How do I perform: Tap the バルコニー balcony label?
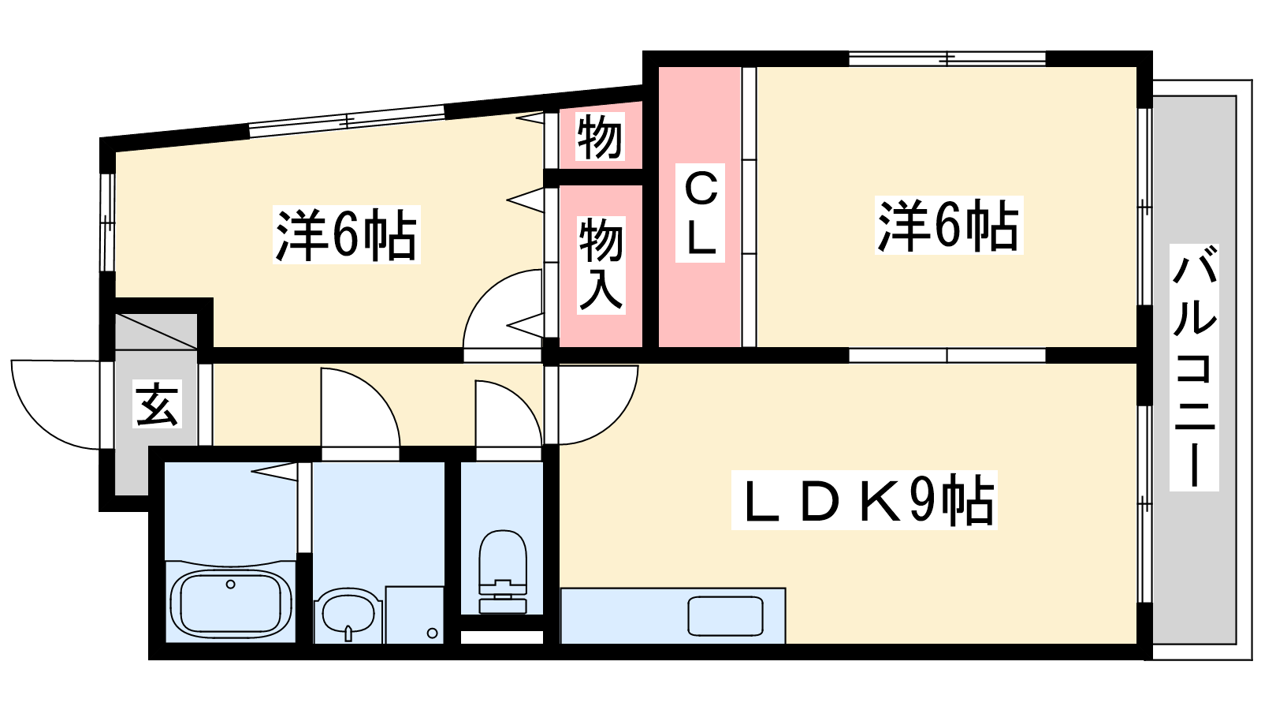[x=1194, y=367]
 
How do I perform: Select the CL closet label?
[x=701, y=214]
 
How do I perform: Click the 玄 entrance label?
[x=158, y=404]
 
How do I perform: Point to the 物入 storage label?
[x=601, y=264]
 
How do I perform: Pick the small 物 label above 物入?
[x=600, y=137]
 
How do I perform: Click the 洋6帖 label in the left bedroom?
[x=346, y=234]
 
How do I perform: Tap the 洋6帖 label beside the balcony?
[x=948, y=226]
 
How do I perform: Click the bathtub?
[x=230, y=603]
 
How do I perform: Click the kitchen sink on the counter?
[x=725, y=616]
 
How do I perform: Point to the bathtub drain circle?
[x=230, y=585]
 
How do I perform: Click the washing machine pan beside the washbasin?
[x=415, y=615]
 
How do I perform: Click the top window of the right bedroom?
[x=947, y=58]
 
